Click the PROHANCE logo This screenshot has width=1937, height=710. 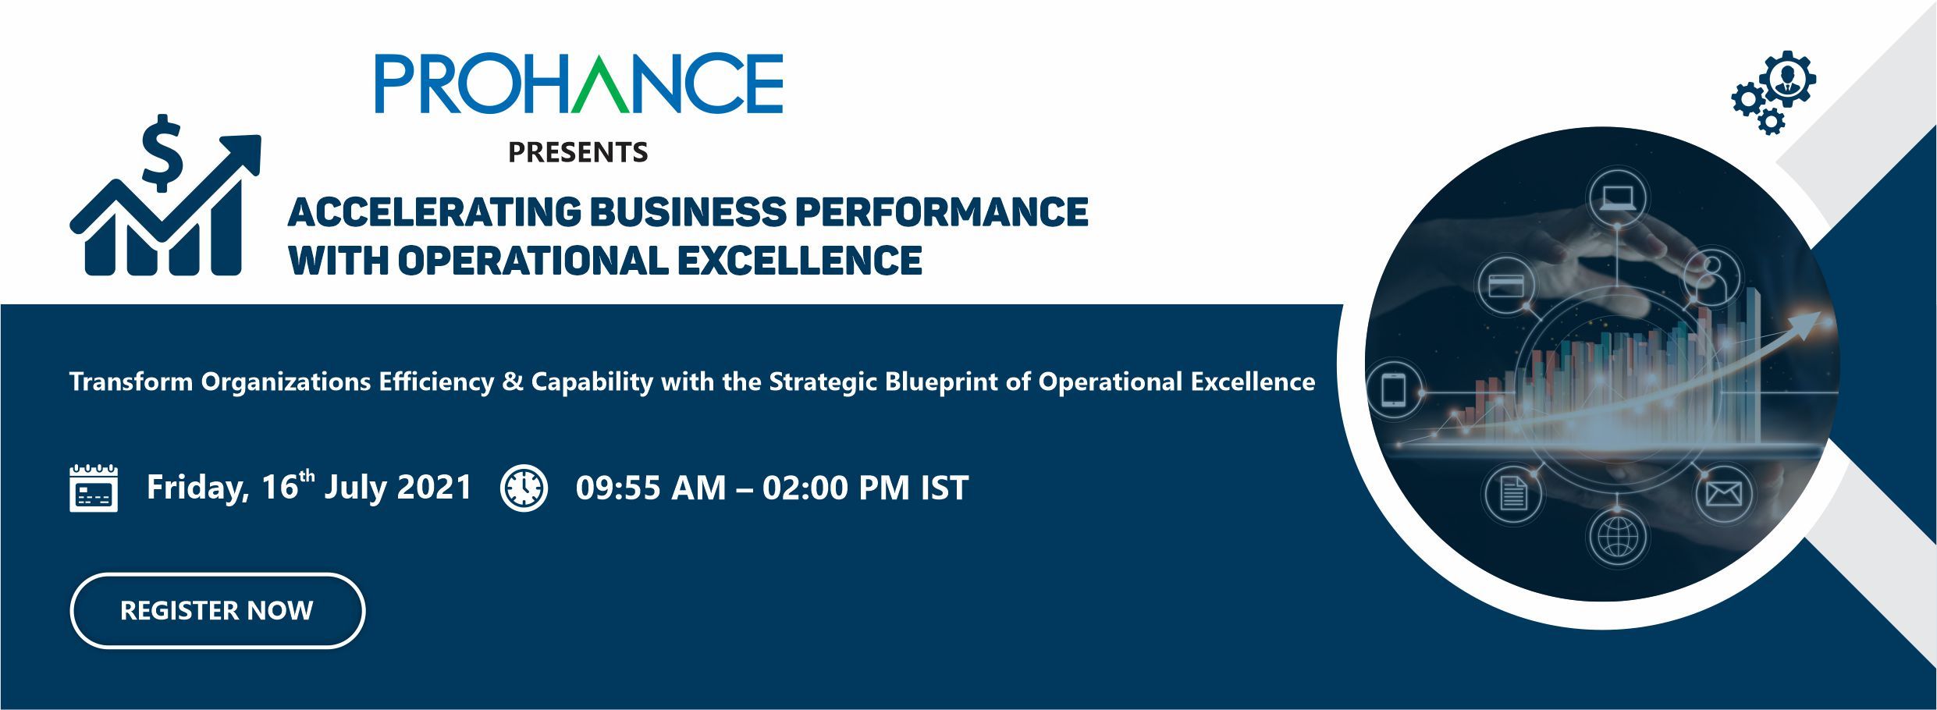(578, 83)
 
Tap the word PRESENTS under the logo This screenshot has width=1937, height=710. (578, 152)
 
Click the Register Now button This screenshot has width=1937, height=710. (217, 610)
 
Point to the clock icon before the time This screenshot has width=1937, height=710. (524, 488)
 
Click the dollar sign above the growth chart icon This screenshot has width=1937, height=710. (163, 153)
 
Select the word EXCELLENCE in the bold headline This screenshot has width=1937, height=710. (799, 260)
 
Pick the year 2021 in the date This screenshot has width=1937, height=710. (435, 488)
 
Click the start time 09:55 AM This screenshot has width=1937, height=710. (651, 488)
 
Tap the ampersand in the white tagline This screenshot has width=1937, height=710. (513, 382)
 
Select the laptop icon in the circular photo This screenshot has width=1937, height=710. (1619, 197)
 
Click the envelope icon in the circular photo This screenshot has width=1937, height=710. (1723, 494)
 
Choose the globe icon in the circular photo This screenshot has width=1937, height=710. (1617, 537)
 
